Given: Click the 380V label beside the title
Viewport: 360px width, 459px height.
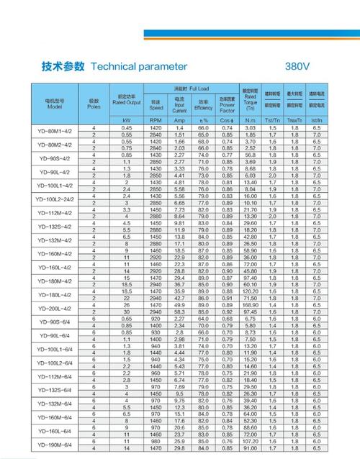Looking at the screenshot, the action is pos(297,65).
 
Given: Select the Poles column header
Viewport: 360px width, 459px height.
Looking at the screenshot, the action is pos(94,104).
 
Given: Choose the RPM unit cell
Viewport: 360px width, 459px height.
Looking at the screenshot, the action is pos(156,120).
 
